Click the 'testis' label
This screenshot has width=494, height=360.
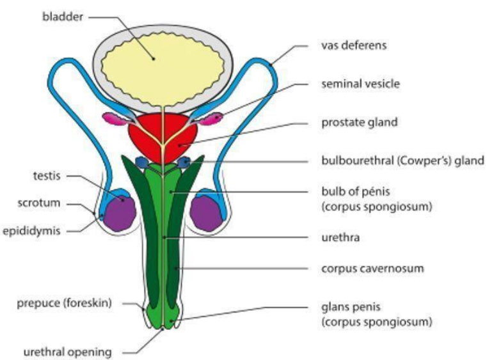tap(45, 175)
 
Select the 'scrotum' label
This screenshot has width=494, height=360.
tap(40, 203)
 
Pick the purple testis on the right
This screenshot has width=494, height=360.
tap(209, 211)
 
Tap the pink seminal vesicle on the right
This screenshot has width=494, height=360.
tap(211, 118)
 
